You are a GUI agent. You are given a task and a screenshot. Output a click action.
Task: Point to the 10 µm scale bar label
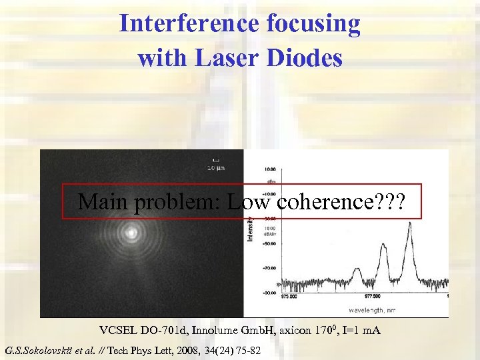click(214, 167)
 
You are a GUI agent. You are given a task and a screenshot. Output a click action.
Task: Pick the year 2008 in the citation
click(191, 349)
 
